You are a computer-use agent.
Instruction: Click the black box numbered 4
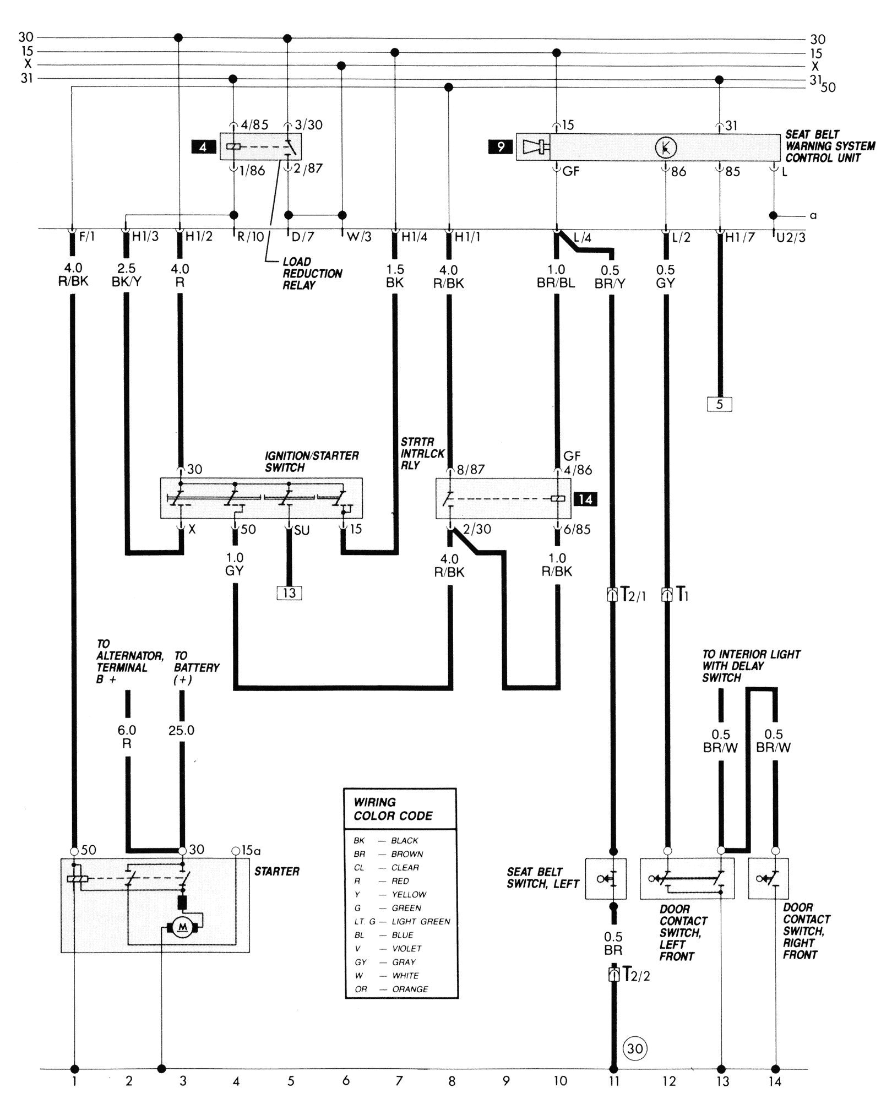pyautogui.click(x=203, y=147)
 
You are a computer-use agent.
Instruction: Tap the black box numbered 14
pyautogui.click(x=585, y=499)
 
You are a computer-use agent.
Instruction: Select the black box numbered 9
pyautogui.click(x=501, y=147)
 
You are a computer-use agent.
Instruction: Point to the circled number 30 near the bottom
pyautogui.click(x=635, y=1048)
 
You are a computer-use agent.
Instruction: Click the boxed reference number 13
pyautogui.click(x=290, y=593)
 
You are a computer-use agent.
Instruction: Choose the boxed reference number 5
pyautogui.click(x=719, y=404)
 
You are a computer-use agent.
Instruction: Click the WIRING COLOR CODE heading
pyautogui.click(x=393, y=809)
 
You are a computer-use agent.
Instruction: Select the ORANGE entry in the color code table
pyautogui.click(x=410, y=989)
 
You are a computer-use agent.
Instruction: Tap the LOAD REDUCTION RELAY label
pyautogui.click(x=312, y=273)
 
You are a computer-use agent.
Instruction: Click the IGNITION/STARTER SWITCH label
pyautogui.click(x=311, y=461)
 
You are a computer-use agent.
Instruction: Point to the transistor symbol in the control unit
pyautogui.click(x=666, y=147)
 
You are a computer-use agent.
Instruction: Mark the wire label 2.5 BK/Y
pyautogui.click(x=127, y=275)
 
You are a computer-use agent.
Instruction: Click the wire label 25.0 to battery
pyautogui.click(x=181, y=730)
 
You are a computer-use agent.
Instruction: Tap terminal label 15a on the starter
pyautogui.click(x=248, y=851)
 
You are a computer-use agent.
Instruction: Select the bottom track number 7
pyautogui.click(x=399, y=1081)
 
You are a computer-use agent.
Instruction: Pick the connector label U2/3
pyautogui.click(x=791, y=238)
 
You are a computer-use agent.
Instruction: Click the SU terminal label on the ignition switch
pyautogui.click(x=301, y=530)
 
